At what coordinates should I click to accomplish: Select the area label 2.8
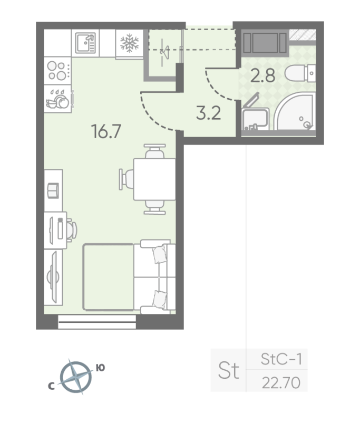[x=263, y=75]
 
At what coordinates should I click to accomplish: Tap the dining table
[x=153, y=179]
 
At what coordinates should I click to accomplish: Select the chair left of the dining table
[x=127, y=179]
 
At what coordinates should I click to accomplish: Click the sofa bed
[x=128, y=276]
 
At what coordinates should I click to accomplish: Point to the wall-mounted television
[x=53, y=275]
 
